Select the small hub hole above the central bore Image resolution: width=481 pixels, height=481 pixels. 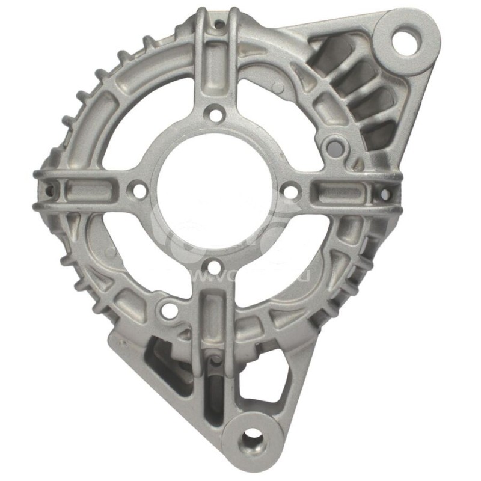215,112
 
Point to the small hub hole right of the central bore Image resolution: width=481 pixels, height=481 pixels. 290,192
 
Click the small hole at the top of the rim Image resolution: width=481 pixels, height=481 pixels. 220,25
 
